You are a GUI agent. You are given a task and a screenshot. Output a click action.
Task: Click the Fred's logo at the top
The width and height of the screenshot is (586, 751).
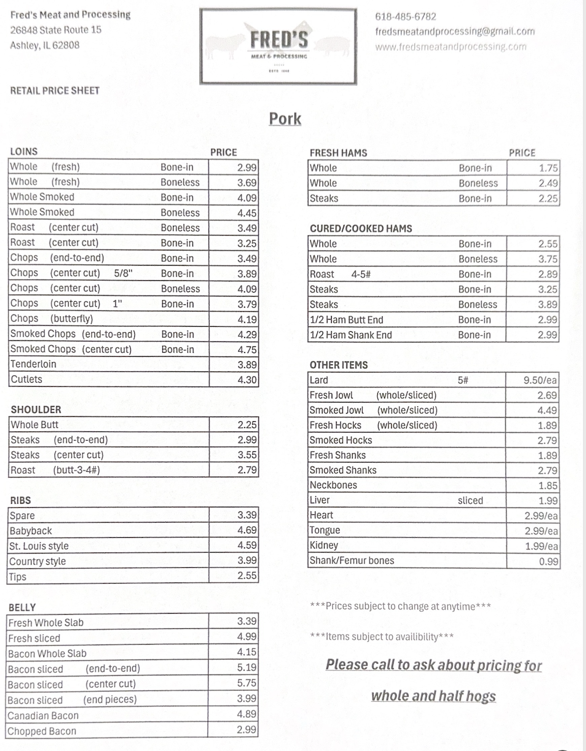pyautogui.click(x=278, y=46)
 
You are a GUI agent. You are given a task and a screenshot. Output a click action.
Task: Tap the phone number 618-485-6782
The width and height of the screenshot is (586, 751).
pyautogui.click(x=405, y=17)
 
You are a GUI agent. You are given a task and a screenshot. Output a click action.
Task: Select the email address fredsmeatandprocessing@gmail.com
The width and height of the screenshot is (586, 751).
pyautogui.click(x=455, y=32)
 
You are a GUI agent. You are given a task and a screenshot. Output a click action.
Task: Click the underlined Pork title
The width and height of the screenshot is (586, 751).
pyautogui.click(x=285, y=119)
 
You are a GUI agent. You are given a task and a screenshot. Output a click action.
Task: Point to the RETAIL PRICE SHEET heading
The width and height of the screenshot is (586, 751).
pyautogui.click(x=55, y=91)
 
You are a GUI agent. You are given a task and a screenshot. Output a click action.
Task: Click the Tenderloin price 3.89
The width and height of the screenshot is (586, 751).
pyautogui.click(x=247, y=364)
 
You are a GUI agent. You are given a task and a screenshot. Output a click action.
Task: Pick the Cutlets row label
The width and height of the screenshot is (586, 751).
pyautogui.click(x=26, y=379)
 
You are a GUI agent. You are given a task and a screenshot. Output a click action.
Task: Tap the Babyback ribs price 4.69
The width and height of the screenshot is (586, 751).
pyautogui.click(x=247, y=530)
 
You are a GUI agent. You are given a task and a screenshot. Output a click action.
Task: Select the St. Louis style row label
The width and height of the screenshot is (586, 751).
pyautogui.click(x=39, y=546)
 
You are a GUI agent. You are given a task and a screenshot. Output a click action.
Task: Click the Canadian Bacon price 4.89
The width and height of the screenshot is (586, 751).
pyautogui.click(x=246, y=714)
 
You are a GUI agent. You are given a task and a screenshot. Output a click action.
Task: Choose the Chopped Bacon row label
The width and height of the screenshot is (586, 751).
pyautogui.click(x=42, y=731)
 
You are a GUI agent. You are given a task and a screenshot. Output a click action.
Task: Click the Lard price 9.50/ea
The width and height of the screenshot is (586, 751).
pyautogui.click(x=540, y=380)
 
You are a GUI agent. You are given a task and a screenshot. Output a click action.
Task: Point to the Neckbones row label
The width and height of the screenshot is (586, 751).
pyautogui.click(x=333, y=485)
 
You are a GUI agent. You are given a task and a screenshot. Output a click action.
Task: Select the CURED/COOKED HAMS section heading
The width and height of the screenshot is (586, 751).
pyautogui.click(x=361, y=228)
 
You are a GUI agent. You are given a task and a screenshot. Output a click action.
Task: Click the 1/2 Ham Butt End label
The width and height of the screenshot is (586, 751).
pyautogui.click(x=346, y=320)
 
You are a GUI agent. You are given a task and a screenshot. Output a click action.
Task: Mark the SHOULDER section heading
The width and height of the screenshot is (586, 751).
pyautogui.click(x=36, y=410)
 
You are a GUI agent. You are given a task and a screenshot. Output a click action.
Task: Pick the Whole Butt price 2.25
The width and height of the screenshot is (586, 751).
pyautogui.click(x=247, y=425)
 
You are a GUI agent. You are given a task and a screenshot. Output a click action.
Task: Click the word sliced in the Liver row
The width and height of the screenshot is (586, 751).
pyautogui.click(x=470, y=500)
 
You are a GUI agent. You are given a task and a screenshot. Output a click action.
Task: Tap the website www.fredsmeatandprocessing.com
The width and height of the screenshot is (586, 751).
pyautogui.click(x=451, y=47)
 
